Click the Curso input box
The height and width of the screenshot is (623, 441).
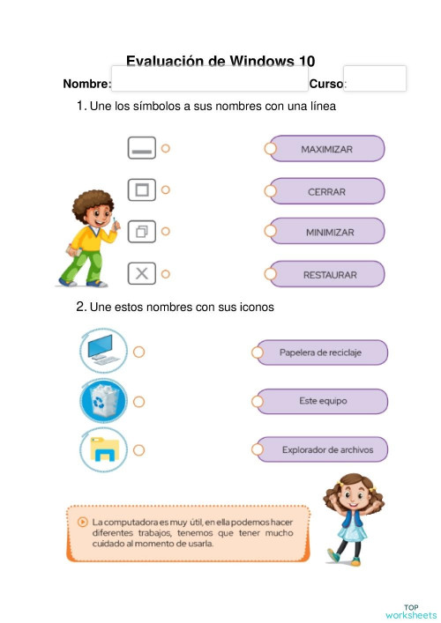(x=374, y=78)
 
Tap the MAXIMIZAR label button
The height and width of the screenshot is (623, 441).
(x=326, y=149)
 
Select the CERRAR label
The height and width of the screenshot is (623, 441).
(x=326, y=191)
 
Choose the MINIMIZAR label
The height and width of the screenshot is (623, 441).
(x=328, y=232)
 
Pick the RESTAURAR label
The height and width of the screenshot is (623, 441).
(x=328, y=275)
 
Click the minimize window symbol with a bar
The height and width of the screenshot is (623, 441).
(x=141, y=148)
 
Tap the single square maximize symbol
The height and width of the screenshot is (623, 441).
(x=141, y=189)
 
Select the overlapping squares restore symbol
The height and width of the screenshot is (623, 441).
(x=141, y=232)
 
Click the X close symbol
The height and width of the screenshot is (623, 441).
(x=141, y=274)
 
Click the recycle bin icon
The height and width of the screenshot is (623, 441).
(x=103, y=402)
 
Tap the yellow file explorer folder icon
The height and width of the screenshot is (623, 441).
(x=103, y=450)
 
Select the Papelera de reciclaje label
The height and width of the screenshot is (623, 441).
(x=320, y=352)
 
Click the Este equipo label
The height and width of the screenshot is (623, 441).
(x=322, y=401)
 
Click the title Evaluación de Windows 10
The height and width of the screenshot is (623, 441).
(x=220, y=61)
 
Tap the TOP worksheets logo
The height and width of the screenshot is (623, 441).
(x=410, y=611)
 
